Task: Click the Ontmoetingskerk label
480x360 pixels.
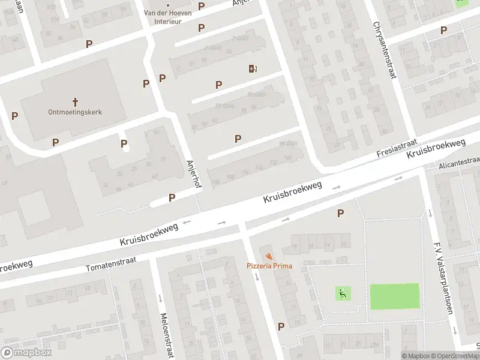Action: (76, 112)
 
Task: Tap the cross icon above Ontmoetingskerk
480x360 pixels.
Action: (76, 102)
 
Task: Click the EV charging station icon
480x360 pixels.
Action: (253, 68)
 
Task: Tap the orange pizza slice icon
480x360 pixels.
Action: (268, 257)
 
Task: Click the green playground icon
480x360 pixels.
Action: (343, 293)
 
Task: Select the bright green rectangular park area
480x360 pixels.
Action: (394, 296)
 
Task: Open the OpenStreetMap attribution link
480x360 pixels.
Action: (454, 356)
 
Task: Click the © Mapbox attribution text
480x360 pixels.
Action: (415, 356)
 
